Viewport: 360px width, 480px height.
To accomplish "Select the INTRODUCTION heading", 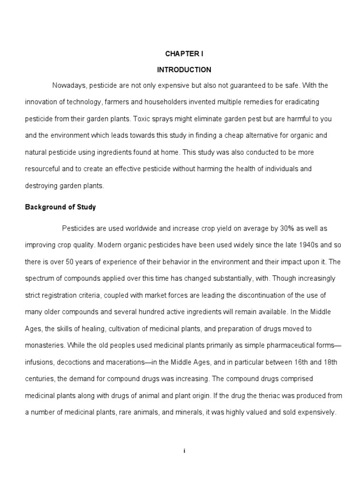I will tap(184, 70).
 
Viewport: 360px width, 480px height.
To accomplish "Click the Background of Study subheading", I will tap(60, 207).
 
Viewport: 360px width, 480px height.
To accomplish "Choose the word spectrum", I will tap(39, 278).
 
